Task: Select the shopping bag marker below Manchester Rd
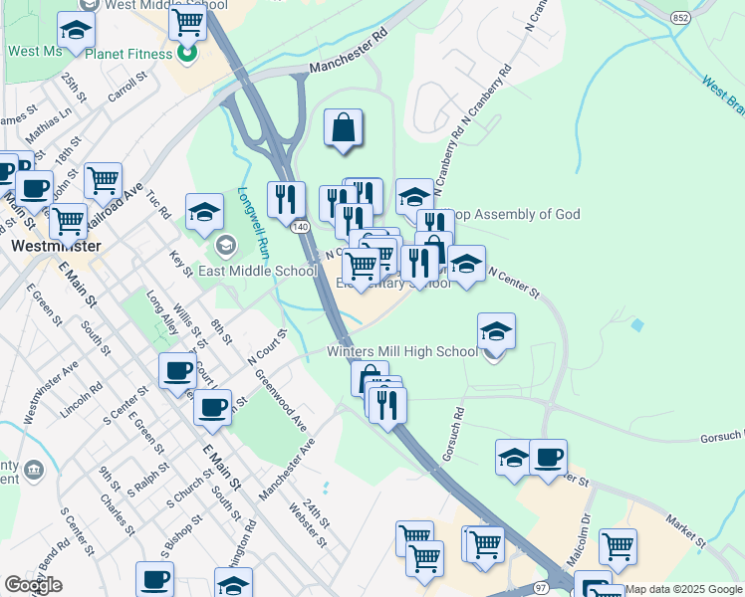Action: click(343, 128)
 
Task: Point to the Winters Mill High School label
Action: click(403, 351)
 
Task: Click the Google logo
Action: click(33, 585)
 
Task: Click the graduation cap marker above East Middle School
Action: click(204, 211)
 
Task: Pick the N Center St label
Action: click(512, 285)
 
